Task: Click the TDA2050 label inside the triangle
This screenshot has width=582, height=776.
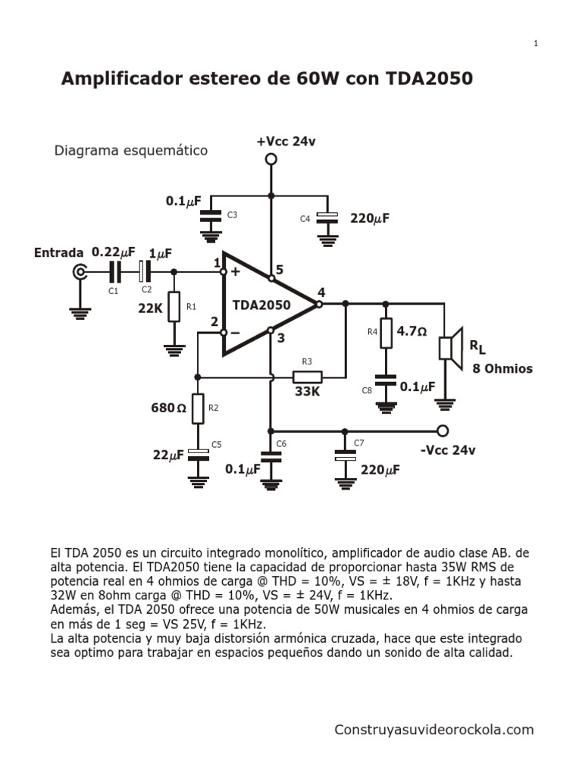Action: click(x=261, y=305)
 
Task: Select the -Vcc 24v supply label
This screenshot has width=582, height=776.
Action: click(x=447, y=450)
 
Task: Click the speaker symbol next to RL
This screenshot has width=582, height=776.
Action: click(x=450, y=348)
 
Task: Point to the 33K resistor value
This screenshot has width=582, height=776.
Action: click(x=308, y=393)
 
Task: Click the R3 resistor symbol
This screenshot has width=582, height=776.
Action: click(x=308, y=377)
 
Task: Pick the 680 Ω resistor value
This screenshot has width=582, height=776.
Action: click(x=169, y=408)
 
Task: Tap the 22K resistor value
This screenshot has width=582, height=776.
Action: click(x=151, y=308)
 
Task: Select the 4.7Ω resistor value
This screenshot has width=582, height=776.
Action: click(x=412, y=331)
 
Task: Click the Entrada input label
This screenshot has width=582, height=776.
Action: click(x=58, y=252)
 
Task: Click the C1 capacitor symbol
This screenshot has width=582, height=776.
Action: click(x=114, y=271)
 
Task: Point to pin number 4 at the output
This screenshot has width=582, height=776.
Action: click(x=321, y=292)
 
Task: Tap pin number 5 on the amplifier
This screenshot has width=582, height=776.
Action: click(x=280, y=269)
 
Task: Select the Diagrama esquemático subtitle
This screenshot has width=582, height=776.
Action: click(x=130, y=151)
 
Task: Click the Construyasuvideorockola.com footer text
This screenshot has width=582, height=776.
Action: click(x=434, y=730)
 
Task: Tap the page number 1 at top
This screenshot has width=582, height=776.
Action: click(x=536, y=44)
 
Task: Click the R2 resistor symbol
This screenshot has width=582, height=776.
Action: click(x=198, y=408)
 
